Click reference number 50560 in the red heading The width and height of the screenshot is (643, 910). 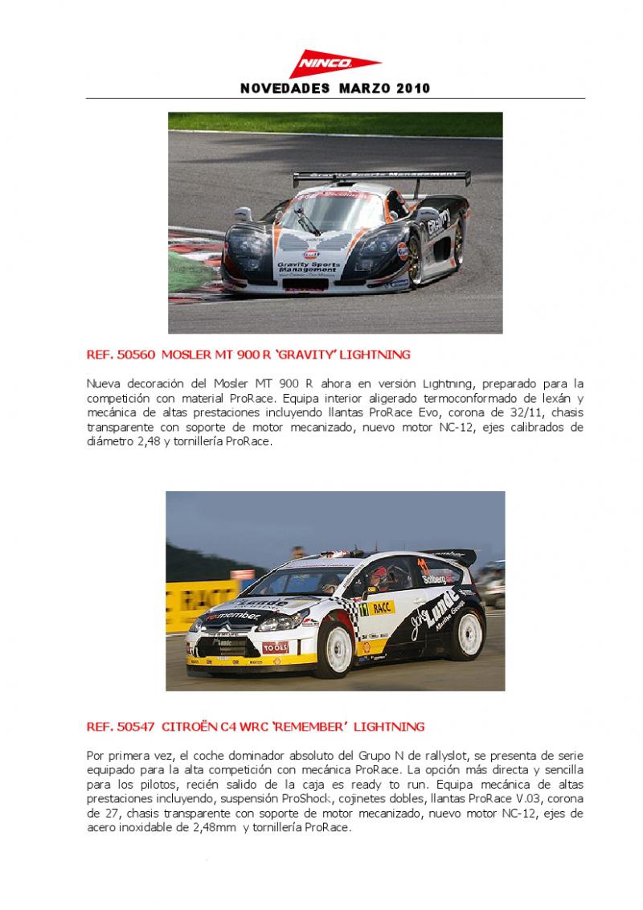tap(136, 354)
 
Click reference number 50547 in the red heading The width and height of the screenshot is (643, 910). tap(136, 727)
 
